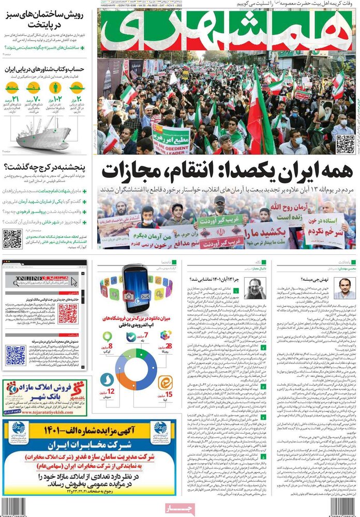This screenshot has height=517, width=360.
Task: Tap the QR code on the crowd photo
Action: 345,144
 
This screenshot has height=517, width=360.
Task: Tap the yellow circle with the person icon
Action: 77,87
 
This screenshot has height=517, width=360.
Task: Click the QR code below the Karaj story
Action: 12,239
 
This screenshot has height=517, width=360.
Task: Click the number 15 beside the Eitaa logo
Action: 169,398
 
